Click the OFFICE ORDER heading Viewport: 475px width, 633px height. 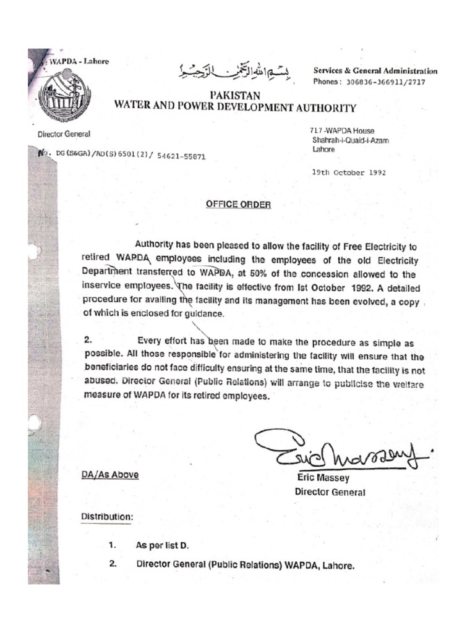(238, 205)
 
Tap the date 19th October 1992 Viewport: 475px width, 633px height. (349, 173)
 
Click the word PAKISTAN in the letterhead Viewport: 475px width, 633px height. (235, 96)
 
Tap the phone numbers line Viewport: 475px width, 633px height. (369, 82)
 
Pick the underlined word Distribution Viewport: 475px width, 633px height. (107, 516)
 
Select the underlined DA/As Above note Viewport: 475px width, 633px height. (110, 475)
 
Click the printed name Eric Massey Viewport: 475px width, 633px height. (323, 478)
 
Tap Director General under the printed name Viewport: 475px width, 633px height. (330, 493)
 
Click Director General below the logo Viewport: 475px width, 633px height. (64, 134)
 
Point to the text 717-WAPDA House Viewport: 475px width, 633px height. (342, 131)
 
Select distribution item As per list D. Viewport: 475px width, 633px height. (161, 546)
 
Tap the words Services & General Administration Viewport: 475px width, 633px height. (375, 71)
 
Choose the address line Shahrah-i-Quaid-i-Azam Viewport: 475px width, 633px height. (351, 140)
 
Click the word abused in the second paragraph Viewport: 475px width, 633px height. (100, 383)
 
